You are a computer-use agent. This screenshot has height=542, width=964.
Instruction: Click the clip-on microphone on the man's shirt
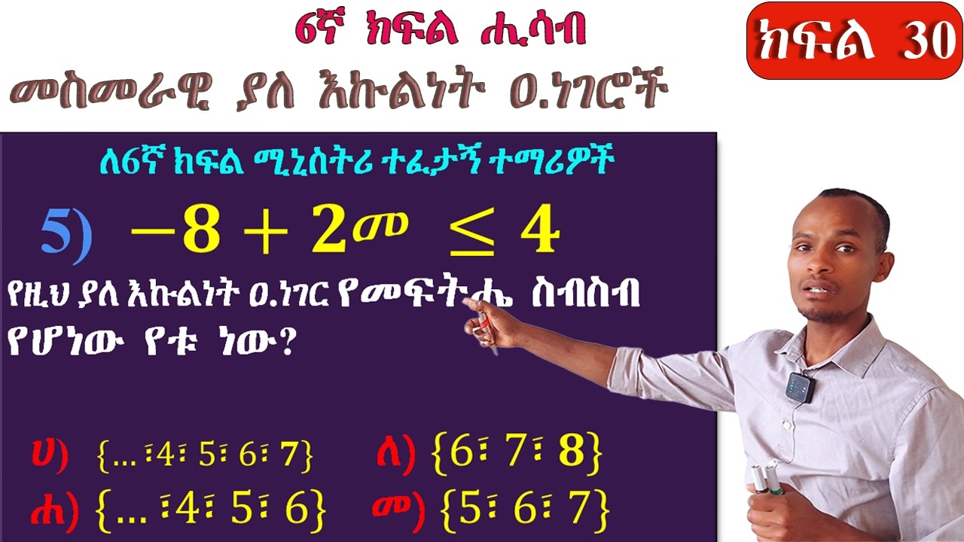pyautogui.click(x=800, y=386)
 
